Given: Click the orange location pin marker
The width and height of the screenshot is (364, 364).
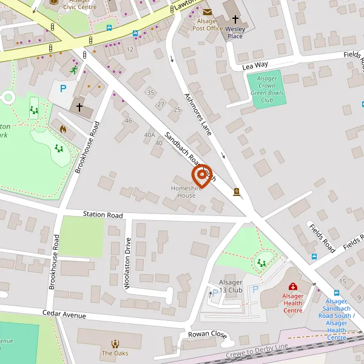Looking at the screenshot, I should [x=201, y=176].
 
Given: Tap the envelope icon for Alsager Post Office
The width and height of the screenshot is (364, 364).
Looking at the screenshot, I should [x=208, y=12].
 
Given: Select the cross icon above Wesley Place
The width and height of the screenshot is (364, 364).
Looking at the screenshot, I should [x=235, y=19].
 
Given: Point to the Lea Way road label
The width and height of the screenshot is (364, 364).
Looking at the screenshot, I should [x=255, y=65].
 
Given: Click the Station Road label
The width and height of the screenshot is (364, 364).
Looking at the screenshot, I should [x=103, y=215].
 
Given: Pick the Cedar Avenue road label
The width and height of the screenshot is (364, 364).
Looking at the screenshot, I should [x=64, y=314].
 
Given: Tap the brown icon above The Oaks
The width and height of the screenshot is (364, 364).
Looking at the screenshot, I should [x=115, y=344].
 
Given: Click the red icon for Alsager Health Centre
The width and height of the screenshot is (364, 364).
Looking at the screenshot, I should [x=292, y=286].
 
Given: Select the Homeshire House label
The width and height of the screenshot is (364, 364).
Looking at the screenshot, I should [x=183, y=192].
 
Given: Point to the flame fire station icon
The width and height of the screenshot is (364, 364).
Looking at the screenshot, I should [x=63, y=129].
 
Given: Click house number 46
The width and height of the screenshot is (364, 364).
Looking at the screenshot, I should [x=128, y=121].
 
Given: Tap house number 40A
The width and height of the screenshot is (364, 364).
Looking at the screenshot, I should [x=149, y=135].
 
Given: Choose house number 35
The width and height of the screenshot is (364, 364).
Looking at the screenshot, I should [x=151, y=92].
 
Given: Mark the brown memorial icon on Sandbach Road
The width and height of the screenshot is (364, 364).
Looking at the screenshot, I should [x=236, y=192].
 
